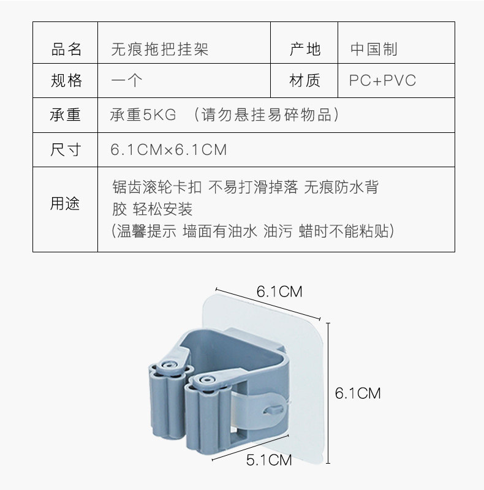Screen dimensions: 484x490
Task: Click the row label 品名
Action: pyautogui.click(x=66, y=50)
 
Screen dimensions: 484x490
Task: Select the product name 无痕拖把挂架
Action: pyautogui.click(x=159, y=50)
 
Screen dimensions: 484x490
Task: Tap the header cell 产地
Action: pyautogui.click(x=304, y=50)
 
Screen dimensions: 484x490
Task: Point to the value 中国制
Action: pyautogui.click(x=374, y=50)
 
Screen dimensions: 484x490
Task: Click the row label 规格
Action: pyautogui.click(x=66, y=81)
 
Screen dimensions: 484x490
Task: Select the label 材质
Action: pyautogui.click(x=304, y=81)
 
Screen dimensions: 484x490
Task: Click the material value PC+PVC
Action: pyautogui.click(x=382, y=81)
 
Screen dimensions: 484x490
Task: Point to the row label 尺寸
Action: pyautogui.click(x=66, y=149)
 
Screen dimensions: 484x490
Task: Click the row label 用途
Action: pyautogui.click(x=66, y=204)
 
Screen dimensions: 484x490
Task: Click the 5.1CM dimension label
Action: pyautogui.click(x=268, y=459)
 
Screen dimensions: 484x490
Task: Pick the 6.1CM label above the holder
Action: pyautogui.click(x=279, y=292)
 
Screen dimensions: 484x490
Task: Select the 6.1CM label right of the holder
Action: pyautogui.click(x=358, y=393)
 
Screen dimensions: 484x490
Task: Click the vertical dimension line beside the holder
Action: pyautogui.click(x=328, y=392)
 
